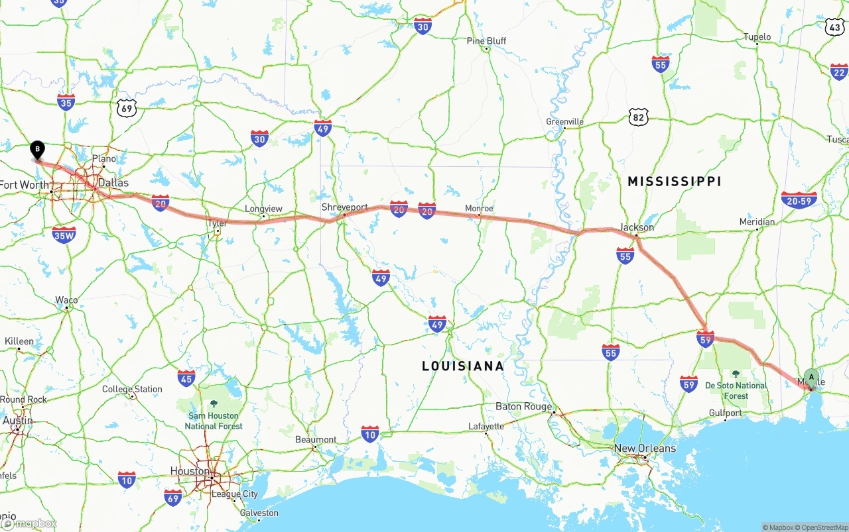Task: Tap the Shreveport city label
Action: point(344,207)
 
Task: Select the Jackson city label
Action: point(637,227)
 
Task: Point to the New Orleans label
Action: point(644,449)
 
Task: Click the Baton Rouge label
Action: point(523,406)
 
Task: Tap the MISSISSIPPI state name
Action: point(674,182)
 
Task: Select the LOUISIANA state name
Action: point(463,366)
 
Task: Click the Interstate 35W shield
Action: point(64,235)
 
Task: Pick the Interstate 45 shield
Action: point(186,378)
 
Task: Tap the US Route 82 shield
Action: point(638,117)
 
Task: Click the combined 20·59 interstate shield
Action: point(799,200)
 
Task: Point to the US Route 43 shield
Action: point(834,27)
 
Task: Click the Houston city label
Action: point(190,471)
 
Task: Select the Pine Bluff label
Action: point(486,41)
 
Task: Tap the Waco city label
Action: point(66,300)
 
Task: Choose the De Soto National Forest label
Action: point(736,390)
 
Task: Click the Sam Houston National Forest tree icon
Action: point(214,403)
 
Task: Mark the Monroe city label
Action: point(479,208)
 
